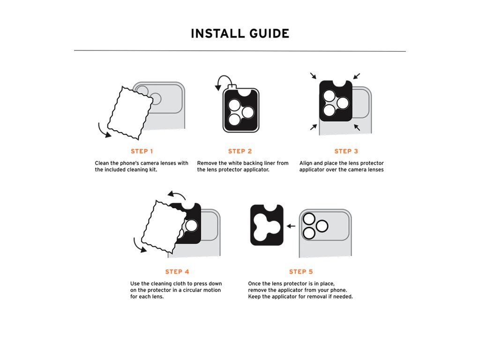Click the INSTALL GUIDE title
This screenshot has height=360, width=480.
pyautogui.click(x=240, y=33)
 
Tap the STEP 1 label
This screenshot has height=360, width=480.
pyautogui.click(x=142, y=151)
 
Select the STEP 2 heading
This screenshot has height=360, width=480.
pyautogui.click(x=240, y=151)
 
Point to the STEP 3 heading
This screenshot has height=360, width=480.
pyautogui.click(x=346, y=151)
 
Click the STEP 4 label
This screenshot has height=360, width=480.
pyautogui.click(x=177, y=272)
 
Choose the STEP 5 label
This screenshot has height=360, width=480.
pyautogui.click(x=301, y=272)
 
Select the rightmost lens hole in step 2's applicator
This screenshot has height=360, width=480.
pyautogui.click(x=247, y=112)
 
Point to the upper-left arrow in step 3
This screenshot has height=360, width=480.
pyautogui.click(x=313, y=75)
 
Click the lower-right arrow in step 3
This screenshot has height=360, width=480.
pyautogui.click(x=357, y=127)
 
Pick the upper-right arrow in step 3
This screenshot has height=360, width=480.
pyautogui.click(x=357, y=76)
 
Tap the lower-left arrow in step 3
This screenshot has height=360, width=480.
pyautogui.click(x=314, y=127)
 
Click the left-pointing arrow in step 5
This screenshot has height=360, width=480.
pyautogui.click(x=291, y=226)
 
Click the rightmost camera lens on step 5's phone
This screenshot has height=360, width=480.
pyautogui.click(x=322, y=226)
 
